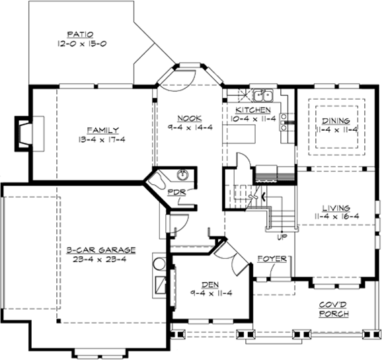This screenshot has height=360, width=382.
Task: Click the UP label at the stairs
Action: (x=281, y=236)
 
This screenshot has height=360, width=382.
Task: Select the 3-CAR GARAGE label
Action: (x=100, y=250)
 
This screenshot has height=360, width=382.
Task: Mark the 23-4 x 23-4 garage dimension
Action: (x=100, y=260)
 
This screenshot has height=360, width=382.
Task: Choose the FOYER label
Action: (x=272, y=258)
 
